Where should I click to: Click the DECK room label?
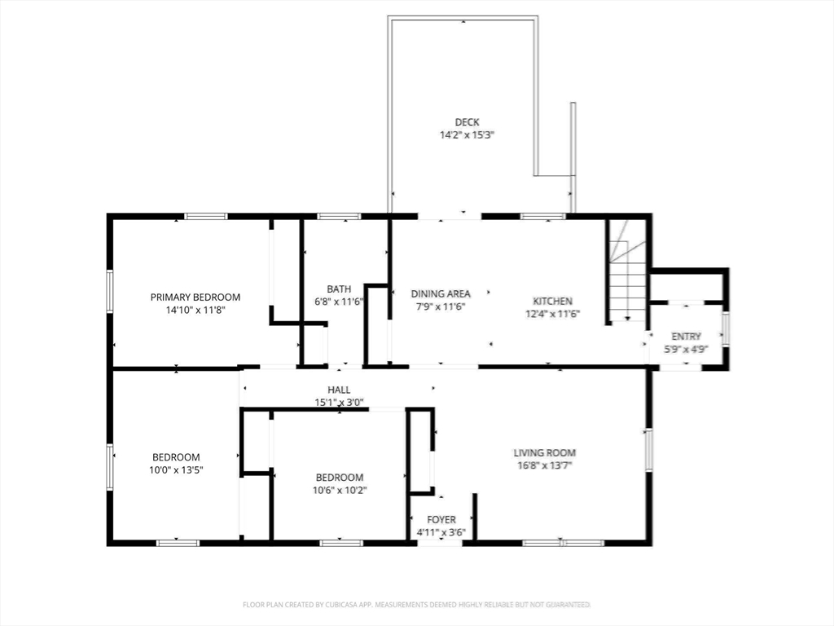click(467, 122)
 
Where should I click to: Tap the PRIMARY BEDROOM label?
click(195, 297)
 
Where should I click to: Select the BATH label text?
click(339, 289)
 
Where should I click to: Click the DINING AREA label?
click(441, 293)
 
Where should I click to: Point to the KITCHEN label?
click(553, 302)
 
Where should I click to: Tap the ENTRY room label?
click(686, 337)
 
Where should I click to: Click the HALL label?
click(339, 390)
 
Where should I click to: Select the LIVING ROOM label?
click(545, 453)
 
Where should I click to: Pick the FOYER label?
click(441, 519)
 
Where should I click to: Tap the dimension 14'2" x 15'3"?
click(467, 135)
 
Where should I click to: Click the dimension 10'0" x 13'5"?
click(176, 470)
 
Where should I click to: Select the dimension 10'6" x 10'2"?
click(340, 490)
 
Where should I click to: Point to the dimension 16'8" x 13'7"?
click(545, 465)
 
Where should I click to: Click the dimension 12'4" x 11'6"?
click(553, 314)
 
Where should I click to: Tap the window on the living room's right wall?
click(649, 450)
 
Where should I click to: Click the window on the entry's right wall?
click(724, 331)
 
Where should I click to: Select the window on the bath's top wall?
click(339, 216)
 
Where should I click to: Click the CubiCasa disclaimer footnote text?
click(417, 605)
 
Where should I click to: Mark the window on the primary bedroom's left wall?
click(110, 291)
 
